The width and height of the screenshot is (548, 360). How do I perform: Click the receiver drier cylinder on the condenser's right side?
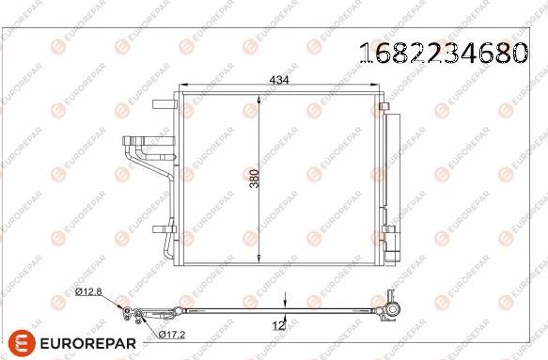391,183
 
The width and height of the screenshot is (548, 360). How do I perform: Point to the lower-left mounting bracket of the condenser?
162,227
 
